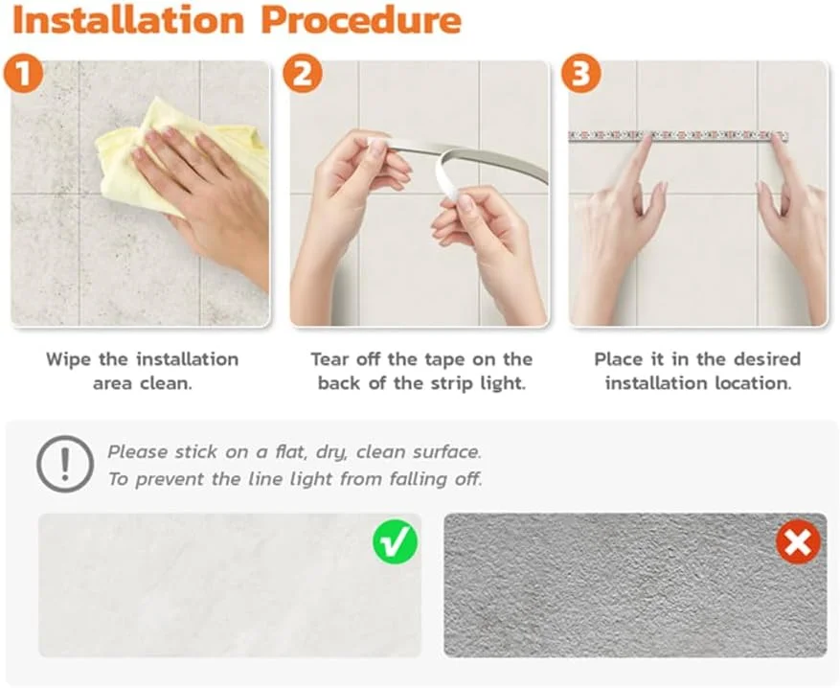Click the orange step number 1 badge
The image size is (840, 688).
coord(23,73)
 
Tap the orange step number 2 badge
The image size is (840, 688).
coord(303,73)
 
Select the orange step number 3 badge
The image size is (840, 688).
coord(581,73)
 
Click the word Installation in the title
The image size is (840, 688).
coord(128,20)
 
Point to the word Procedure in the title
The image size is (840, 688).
coord(362,20)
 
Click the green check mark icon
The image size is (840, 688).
coord(396,541)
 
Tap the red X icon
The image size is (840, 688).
coord(798,541)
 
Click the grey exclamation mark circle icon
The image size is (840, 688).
coord(65,464)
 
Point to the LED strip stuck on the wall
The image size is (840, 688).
coord(678,136)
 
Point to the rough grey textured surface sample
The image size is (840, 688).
coord(635,585)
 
